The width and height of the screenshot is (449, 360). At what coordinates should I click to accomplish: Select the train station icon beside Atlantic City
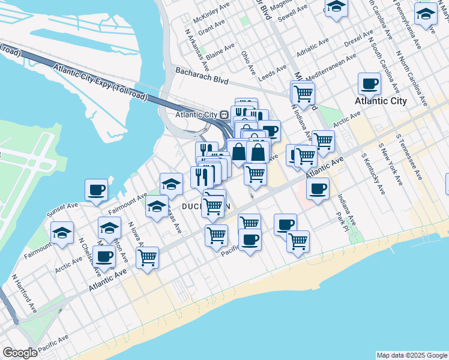(224, 114)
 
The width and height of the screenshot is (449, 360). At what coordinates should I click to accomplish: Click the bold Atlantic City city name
(381, 101)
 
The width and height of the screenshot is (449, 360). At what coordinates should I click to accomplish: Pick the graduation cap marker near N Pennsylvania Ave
(426, 13)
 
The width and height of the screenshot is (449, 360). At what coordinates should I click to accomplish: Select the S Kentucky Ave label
(373, 174)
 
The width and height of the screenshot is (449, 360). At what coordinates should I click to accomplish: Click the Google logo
(20, 353)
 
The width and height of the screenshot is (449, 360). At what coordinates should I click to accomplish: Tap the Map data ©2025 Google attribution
(412, 355)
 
